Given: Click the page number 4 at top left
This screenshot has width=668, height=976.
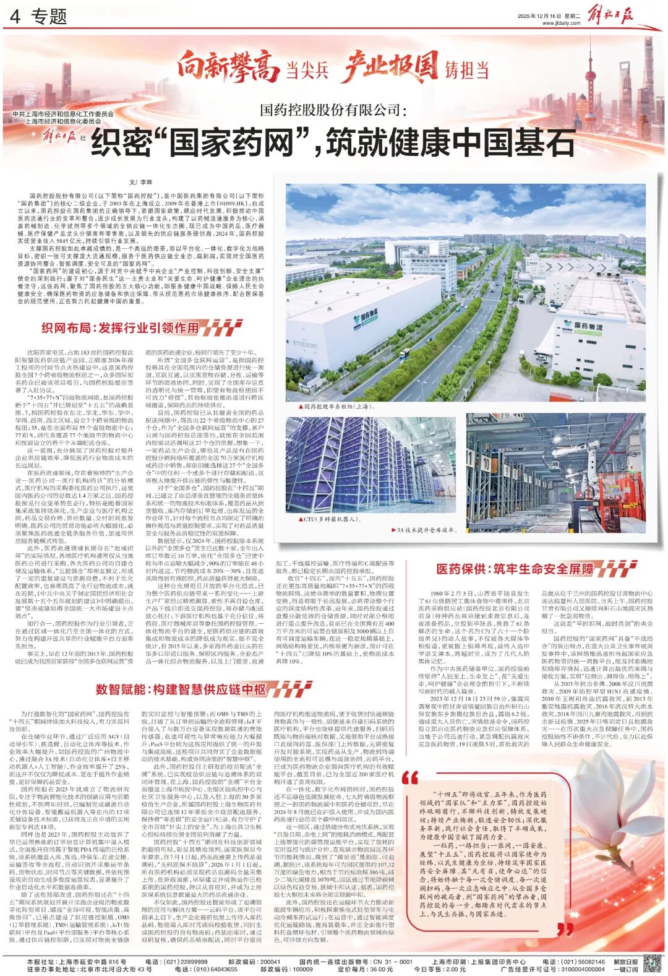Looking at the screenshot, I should pyautogui.click(x=15, y=17).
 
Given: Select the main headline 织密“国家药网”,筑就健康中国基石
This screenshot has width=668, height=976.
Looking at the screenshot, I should pyautogui.click(x=333, y=142).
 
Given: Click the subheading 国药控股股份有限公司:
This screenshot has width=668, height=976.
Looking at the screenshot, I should pyautogui.click(x=333, y=110).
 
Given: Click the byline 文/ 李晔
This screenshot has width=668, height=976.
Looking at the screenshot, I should pyautogui.click(x=140, y=182).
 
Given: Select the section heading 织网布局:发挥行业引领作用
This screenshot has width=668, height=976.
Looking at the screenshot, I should pyautogui.click(x=120, y=327).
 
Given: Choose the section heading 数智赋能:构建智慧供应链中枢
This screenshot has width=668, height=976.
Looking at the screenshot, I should pyautogui.click(x=181, y=689).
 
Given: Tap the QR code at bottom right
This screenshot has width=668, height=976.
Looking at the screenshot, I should pyautogui.click(x=653, y=964).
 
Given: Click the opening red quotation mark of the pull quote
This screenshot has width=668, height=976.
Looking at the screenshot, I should pyautogui.click(x=409, y=777).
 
